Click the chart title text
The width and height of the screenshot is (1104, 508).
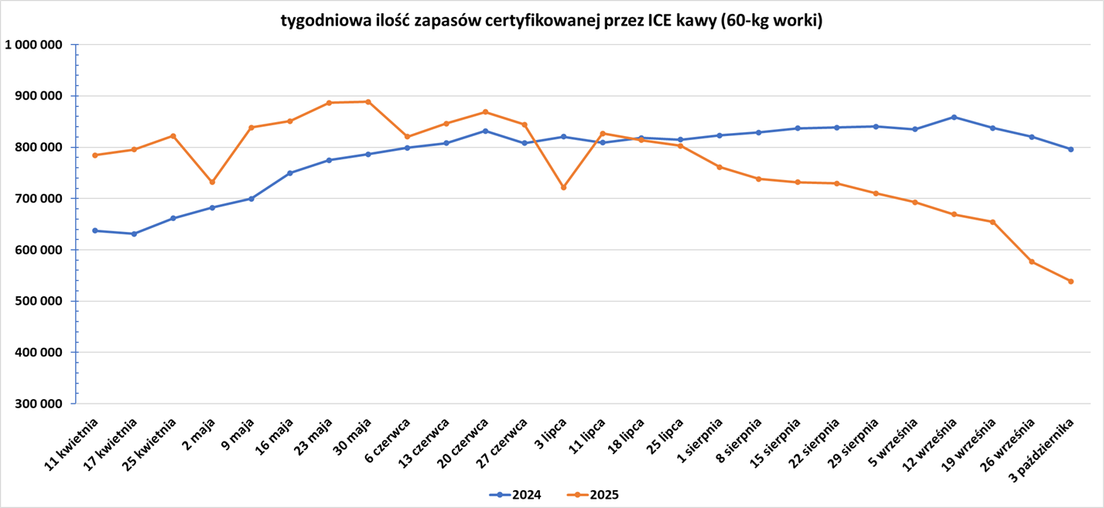pos(552,22)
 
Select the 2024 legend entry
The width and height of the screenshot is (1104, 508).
pos(517,495)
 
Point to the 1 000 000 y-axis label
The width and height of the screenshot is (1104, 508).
pos(33,45)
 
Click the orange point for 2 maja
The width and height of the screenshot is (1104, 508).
pos(212,182)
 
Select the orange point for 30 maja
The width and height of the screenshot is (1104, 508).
pos(368,101)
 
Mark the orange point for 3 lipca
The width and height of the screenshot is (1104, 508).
pos(563,187)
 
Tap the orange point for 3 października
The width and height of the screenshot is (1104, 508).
pos(1071,281)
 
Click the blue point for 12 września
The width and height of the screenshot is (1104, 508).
pos(954,117)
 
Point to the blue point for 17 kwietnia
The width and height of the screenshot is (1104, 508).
pos(134,234)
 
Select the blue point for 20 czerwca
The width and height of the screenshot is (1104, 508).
pos(485,131)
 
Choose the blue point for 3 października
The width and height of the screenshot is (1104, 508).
pos(1071,149)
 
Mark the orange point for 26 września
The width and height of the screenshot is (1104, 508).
pos(1031,261)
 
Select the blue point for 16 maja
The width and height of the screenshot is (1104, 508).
pos(290,173)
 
